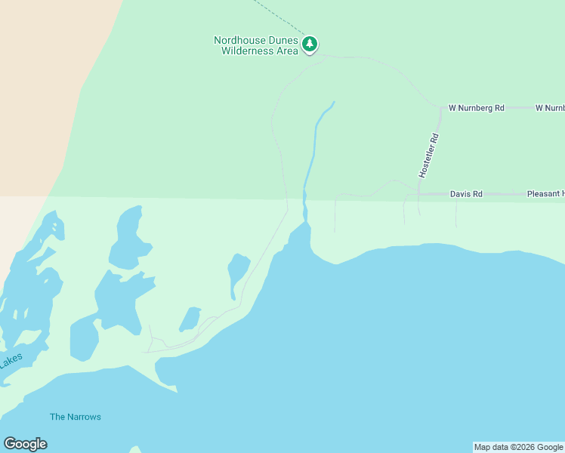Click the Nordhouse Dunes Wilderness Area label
256,45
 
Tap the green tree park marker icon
310,45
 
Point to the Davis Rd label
466,194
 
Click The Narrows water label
76,417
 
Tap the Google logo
25,444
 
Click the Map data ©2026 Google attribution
518,447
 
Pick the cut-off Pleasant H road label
545,194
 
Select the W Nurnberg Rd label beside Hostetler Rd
476,108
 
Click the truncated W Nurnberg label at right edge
549,108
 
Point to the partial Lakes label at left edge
11,362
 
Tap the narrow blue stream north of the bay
310,151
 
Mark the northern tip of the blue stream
333,102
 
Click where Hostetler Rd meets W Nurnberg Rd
441,108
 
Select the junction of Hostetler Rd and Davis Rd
418,195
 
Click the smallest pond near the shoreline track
190,319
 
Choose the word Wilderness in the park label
249,51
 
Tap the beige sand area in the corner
38,75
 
